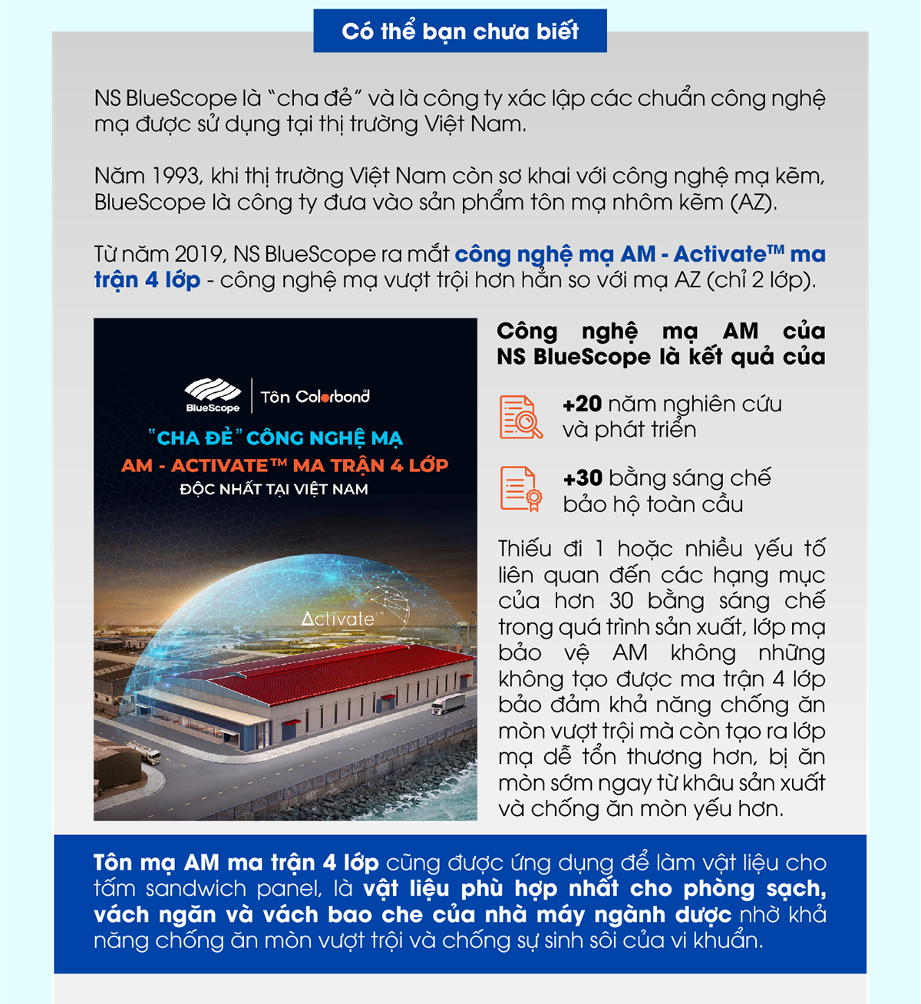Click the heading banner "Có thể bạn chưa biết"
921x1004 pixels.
(x=460, y=31)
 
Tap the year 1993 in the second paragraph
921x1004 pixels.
(x=176, y=176)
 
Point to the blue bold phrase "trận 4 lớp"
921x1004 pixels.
(x=147, y=280)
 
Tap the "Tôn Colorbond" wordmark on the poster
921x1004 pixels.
(x=315, y=397)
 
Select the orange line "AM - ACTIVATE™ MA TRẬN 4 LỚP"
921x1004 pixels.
(x=285, y=465)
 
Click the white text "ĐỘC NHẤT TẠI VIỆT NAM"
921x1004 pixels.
(x=274, y=489)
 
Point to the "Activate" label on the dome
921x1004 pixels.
(x=338, y=619)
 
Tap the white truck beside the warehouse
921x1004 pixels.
(x=447, y=703)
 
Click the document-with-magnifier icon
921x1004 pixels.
(x=520, y=418)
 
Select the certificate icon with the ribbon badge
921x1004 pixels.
(x=520, y=489)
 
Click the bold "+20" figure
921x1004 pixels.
(x=582, y=404)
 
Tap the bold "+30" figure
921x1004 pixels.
(x=583, y=478)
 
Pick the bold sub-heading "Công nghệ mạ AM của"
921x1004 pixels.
(x=661, y=331)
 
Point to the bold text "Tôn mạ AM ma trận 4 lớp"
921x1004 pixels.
(x=236, y=863)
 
